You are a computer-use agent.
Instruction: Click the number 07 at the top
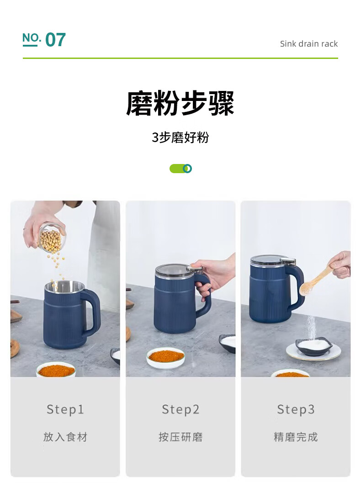click(56, 40)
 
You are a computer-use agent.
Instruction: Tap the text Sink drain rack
click(308, 43)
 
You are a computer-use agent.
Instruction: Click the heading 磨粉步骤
click(180, 103)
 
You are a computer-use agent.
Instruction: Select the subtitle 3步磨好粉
click(180, 138)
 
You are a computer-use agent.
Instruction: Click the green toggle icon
click(180, 169)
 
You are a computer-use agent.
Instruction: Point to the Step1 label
click(65, 409)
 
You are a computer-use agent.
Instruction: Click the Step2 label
click(180, 409)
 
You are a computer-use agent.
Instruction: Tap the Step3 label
click(296, 409)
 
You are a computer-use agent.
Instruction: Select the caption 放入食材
click(65, 437)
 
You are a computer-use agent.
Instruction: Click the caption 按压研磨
click(180, 437)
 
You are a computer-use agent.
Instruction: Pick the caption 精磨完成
click(296, 437)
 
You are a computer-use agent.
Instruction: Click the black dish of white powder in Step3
click(313, 346)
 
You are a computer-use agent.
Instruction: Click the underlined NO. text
click(32, 39)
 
